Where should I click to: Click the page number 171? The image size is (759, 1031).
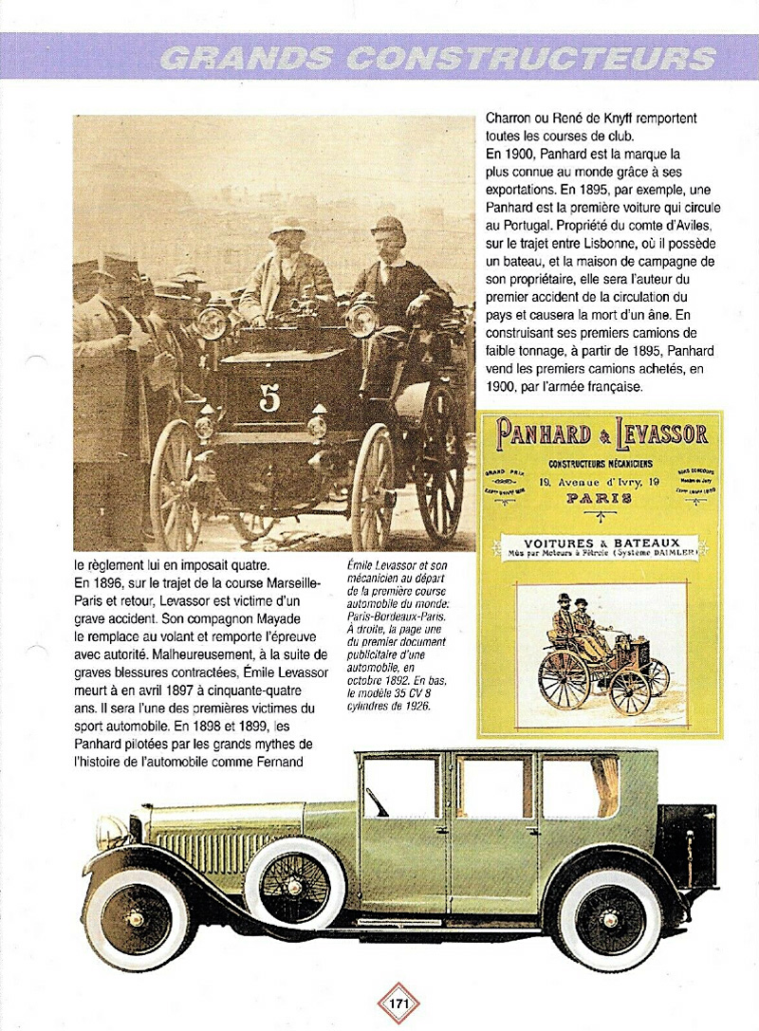(x=398, y=1003)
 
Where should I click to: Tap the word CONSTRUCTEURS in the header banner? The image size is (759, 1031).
(x=530, y=59)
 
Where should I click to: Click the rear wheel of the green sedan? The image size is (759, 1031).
(x=609, y=917)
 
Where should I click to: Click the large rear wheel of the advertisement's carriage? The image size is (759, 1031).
(x=565, y=678)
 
